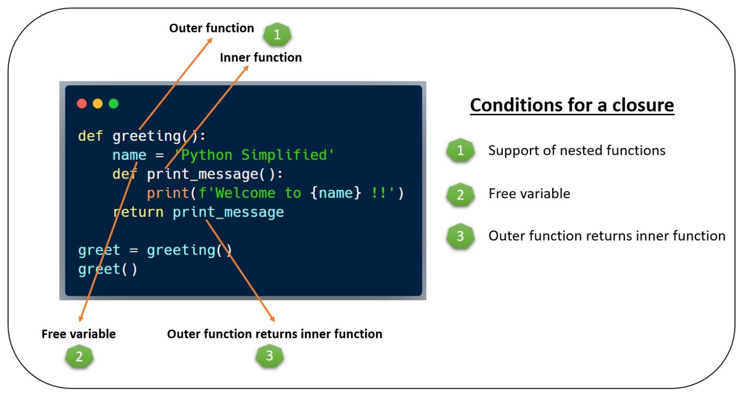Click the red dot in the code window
coord(82,104)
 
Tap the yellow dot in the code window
coord(98,104)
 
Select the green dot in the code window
coord(114,104)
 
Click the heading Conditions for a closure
coord(572,105)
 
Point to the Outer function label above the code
coord(212,28)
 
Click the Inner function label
coord(261,58)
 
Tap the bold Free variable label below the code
coord(79,334)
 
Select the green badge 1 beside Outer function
coord(278,34)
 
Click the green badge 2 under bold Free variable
coord(79,356)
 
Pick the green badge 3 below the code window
coord(269,356)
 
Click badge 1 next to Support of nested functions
coord(460,151)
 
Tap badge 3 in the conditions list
coord(460,236)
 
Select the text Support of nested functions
coord(577,151)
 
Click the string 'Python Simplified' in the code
coord(254,155)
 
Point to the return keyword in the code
coord(138,212)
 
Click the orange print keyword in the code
coord(168,193)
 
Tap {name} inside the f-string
coord(336,193)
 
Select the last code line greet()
coord(108,269)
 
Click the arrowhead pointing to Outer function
coord(210,40)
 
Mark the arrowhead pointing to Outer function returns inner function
coord(273,319)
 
